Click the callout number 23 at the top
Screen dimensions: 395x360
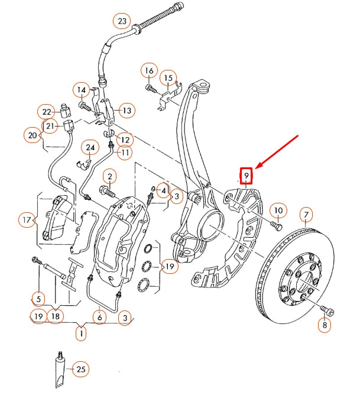click(x=122, y=21)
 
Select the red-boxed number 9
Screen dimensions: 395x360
click(x=246, y=175)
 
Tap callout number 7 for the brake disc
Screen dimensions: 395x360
click(x=306, y=213)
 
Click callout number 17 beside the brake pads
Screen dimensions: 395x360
click(x=26, y=221)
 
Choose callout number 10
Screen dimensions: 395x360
click(x=278, y=210)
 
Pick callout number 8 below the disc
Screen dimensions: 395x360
click(x=325, y=325)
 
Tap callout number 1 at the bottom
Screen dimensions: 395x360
click(x=80, y=333)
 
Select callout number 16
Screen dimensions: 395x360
click(x=149, y=71)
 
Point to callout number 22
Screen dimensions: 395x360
click(x=47, y=111)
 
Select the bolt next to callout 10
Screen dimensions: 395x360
click(x=275, y=224)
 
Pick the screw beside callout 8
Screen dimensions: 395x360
click(x=326, y=310)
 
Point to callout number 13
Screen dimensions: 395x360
click(x=126, y=110)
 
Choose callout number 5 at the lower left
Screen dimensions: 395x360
click(x=38, y=298)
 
